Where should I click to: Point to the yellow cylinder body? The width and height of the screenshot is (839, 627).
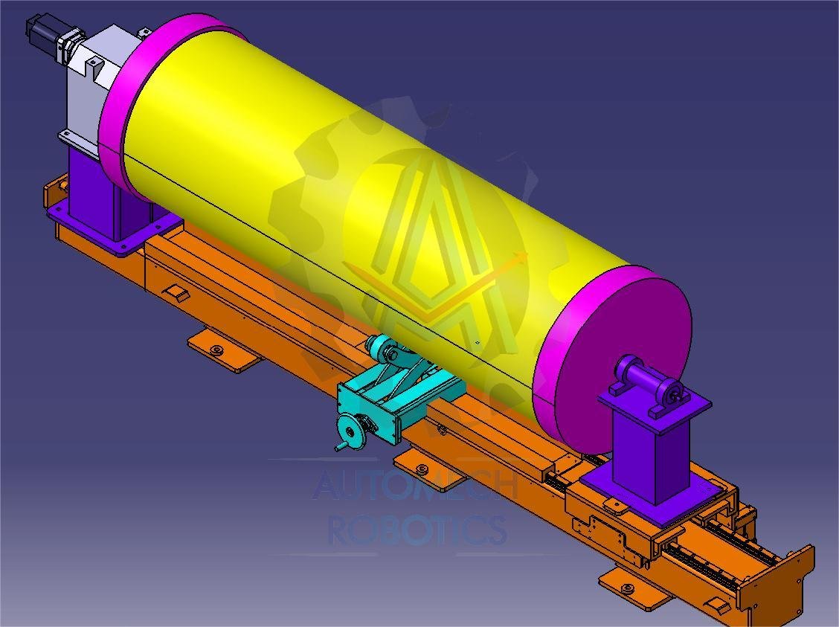pos(375,214)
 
